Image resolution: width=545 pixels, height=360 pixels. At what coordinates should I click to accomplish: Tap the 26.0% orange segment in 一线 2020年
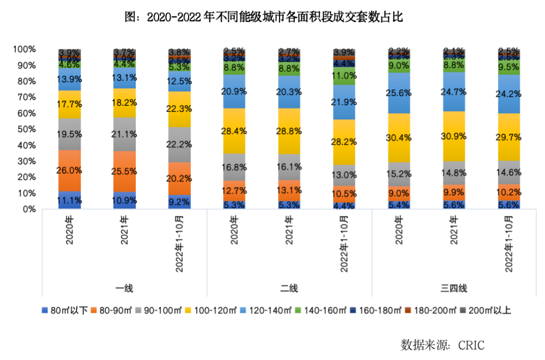pyautogui.click(x=70, y=170)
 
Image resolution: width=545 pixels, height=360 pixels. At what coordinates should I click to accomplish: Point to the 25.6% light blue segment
pyautogui.click(x=399, y=93)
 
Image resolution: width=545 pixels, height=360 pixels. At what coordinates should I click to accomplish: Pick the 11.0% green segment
pyautogui.click(x=344, y=75)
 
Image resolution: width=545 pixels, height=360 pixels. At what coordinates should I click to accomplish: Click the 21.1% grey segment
pyautogui.click(x=125, y=134)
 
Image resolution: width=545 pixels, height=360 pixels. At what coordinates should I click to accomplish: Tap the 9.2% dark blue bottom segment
pyautogui.click(x=179, y=202)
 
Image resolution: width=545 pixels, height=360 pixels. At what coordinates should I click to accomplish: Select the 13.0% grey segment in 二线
pyautogui.click(x=344, y=175)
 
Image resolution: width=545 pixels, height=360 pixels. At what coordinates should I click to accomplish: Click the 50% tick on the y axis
pyautogui.click(x=25, y=129)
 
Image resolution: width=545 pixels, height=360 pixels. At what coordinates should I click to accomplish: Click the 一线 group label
pyautogui.click(x=124, y=288)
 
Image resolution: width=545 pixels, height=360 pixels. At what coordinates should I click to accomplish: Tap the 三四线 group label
pyautogui.click(x=454, y=288)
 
